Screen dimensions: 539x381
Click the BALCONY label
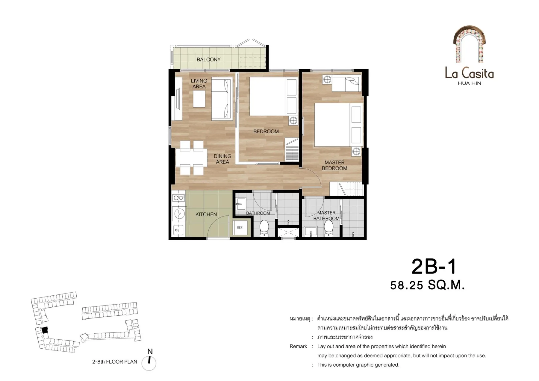[x=208, y=60]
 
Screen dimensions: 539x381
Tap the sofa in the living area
[x=222, y=99]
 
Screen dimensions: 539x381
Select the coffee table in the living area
[x=199, y=99]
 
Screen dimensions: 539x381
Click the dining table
[x=192, y=158]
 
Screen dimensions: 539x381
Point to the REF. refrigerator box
[x=240, y=228]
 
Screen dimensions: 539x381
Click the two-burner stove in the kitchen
[x=179, y=198]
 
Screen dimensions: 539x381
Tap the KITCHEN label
[x=206, y=214]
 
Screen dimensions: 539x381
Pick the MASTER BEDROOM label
[x=334, y=165]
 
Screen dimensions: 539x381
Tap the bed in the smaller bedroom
[x=274, y=96]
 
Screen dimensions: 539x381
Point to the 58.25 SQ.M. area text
[x=427, y=285]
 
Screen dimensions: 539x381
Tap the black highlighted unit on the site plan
[x=45, y=330]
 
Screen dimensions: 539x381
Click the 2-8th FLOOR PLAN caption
[x=115, y=362]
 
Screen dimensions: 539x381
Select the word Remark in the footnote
[x=298, y=347]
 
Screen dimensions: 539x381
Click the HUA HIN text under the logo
[x=470, y=83]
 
